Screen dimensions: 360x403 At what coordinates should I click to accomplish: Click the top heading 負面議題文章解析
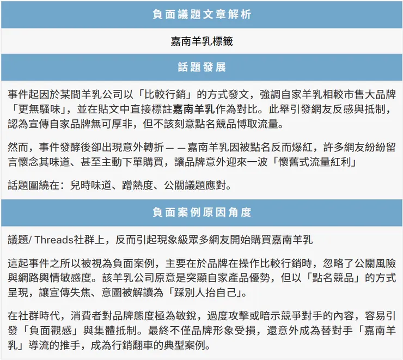(x=201, y=15)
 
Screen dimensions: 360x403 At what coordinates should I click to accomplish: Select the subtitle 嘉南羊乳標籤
(x=201, y=41)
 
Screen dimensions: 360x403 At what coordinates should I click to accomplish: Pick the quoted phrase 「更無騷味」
(x=35, y=109)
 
